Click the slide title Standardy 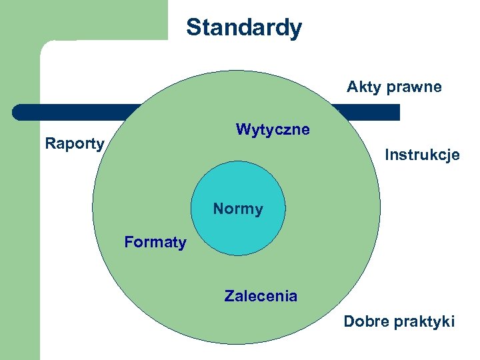[x=244, y=28]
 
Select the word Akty [x=361, y=87]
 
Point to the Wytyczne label [x=273, y=129]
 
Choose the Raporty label [x=75, y=143]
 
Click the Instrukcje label [x=422, y=155]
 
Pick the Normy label [x=238, y=209]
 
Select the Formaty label [x=155, y=242]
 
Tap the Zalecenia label [x=261, y=296]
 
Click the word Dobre [x=364, y=322]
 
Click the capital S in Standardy [x=193, y=28]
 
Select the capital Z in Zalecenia [x=229, y=296]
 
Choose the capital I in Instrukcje [x=387, y=155]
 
